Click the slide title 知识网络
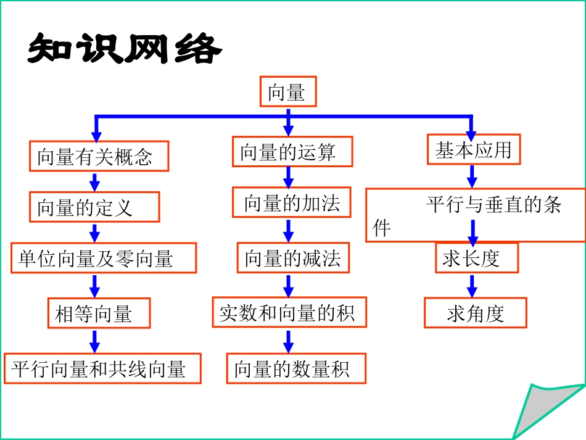(x=124, y=49)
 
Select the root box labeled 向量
(x=287, y=93)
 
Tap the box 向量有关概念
(x=99, y=156)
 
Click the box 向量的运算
(x=292, y=152)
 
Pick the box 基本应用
(x=474, y=150)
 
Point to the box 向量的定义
(x=94, y=207)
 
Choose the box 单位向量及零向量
(x=104, y=258)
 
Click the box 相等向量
(x=99, y=313)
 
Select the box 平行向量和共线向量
(x=102, y=368)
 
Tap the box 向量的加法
(x=291, y=203)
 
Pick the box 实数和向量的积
(x=289, y=312)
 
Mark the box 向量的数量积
(x=296, y=368)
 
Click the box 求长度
(x=476, y=258)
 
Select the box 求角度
(x=475, y=313)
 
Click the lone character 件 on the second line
(x=382, y=229)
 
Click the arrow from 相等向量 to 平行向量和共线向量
(x=94, y=340)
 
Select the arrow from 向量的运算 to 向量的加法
(x=288, y=176)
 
